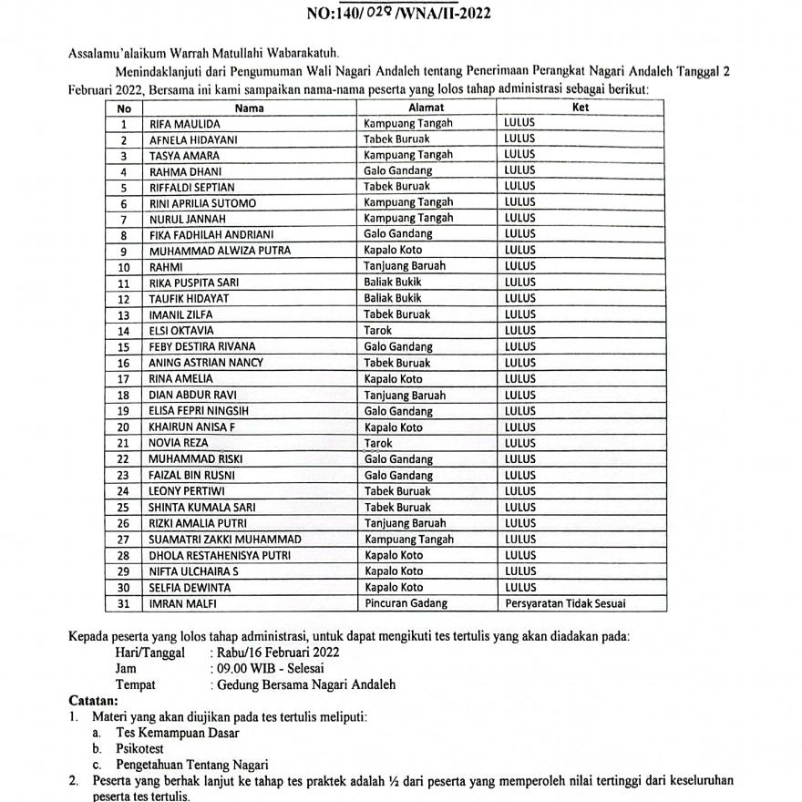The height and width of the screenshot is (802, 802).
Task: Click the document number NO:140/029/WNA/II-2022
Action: click(400, 15)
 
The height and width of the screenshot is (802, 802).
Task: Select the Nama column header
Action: click(249, 108)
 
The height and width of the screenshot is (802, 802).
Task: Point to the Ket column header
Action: click(581, 108)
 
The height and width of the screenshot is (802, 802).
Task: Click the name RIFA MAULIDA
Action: click(185, 123)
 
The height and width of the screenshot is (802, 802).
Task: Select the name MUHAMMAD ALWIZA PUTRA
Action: click(208, 250)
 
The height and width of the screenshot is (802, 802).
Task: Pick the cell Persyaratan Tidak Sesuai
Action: click(565, 603)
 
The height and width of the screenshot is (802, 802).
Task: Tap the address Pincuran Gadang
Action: click(406, 603)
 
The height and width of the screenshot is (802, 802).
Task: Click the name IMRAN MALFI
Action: click(183, 603)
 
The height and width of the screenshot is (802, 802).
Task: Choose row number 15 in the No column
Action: click(123, 346)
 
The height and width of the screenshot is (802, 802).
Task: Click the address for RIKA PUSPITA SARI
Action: click(393, 283)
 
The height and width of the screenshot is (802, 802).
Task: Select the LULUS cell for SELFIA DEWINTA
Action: click(520, 588)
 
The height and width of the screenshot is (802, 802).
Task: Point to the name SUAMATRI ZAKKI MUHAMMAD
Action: click(225, 540)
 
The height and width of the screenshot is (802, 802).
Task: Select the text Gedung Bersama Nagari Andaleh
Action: click(305, 685)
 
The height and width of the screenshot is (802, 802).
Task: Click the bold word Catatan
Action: click(94, 701)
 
